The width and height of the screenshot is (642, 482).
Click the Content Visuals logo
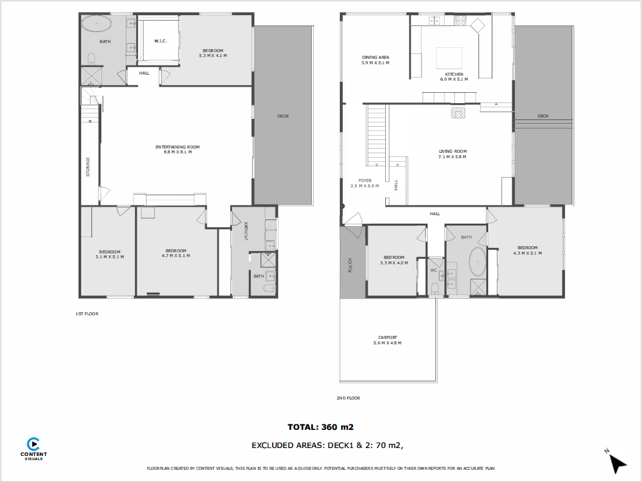33,449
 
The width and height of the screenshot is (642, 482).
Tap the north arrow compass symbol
616,461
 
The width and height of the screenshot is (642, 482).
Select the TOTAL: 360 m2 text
320,427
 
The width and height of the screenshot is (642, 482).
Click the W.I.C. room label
160,41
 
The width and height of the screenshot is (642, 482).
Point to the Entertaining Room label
177,150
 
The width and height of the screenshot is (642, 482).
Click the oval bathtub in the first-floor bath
96,24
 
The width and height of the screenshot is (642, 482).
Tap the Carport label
388,340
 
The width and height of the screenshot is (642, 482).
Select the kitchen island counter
449,58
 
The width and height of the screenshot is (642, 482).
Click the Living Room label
452,154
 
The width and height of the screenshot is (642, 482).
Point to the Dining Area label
376,60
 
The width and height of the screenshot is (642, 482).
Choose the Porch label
350,265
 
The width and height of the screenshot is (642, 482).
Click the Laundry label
246,231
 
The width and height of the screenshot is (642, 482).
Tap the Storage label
88,167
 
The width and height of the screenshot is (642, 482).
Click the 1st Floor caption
87,314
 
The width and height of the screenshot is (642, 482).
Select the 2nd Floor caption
348,398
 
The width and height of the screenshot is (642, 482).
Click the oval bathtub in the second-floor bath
477,261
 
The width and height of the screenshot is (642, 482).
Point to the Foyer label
365,183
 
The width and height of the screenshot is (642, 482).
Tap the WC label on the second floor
434,270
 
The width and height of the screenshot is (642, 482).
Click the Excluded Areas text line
328,446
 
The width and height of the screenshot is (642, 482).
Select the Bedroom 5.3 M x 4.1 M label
213,53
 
